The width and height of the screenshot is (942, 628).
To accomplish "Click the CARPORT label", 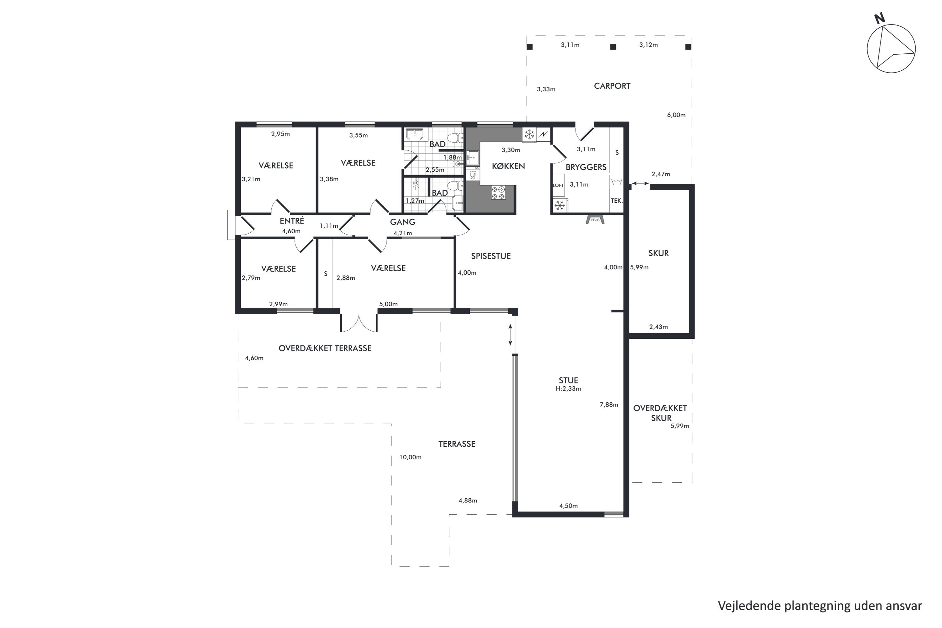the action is (x=612, y=86).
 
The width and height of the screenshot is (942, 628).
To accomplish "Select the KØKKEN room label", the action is (x=508, y=166).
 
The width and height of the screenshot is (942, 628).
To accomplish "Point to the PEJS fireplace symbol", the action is (x=595, y=219).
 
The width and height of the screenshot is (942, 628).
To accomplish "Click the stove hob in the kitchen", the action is (x=499, y=193).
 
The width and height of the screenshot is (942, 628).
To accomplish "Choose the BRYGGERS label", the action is (x=586, y=167).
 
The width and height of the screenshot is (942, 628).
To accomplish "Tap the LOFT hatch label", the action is (x=558, y=186).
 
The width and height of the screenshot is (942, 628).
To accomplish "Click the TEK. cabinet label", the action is (x=617, y=201).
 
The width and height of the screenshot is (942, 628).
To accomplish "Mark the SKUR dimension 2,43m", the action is (x=658, y=327).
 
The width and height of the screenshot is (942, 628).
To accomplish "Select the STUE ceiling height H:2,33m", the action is (x=568, y=388).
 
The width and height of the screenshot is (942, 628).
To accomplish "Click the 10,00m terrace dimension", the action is (x=410, y=457).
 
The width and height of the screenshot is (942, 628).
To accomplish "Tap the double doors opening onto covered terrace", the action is (x=359, y=323).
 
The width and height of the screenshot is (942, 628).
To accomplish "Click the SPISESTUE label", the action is (x=490, y=256).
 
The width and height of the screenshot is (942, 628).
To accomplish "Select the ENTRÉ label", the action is (x=292, y=221).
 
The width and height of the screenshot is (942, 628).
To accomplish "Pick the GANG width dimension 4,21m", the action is (x=403, y=233).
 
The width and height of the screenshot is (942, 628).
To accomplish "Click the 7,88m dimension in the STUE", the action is (x=609, y=404).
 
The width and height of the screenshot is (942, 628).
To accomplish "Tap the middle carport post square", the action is (x=613, y=47).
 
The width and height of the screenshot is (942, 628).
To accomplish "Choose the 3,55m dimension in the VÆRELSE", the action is (x=359, y=135).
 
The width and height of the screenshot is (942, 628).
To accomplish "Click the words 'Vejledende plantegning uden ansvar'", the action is (x=820, y=606).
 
